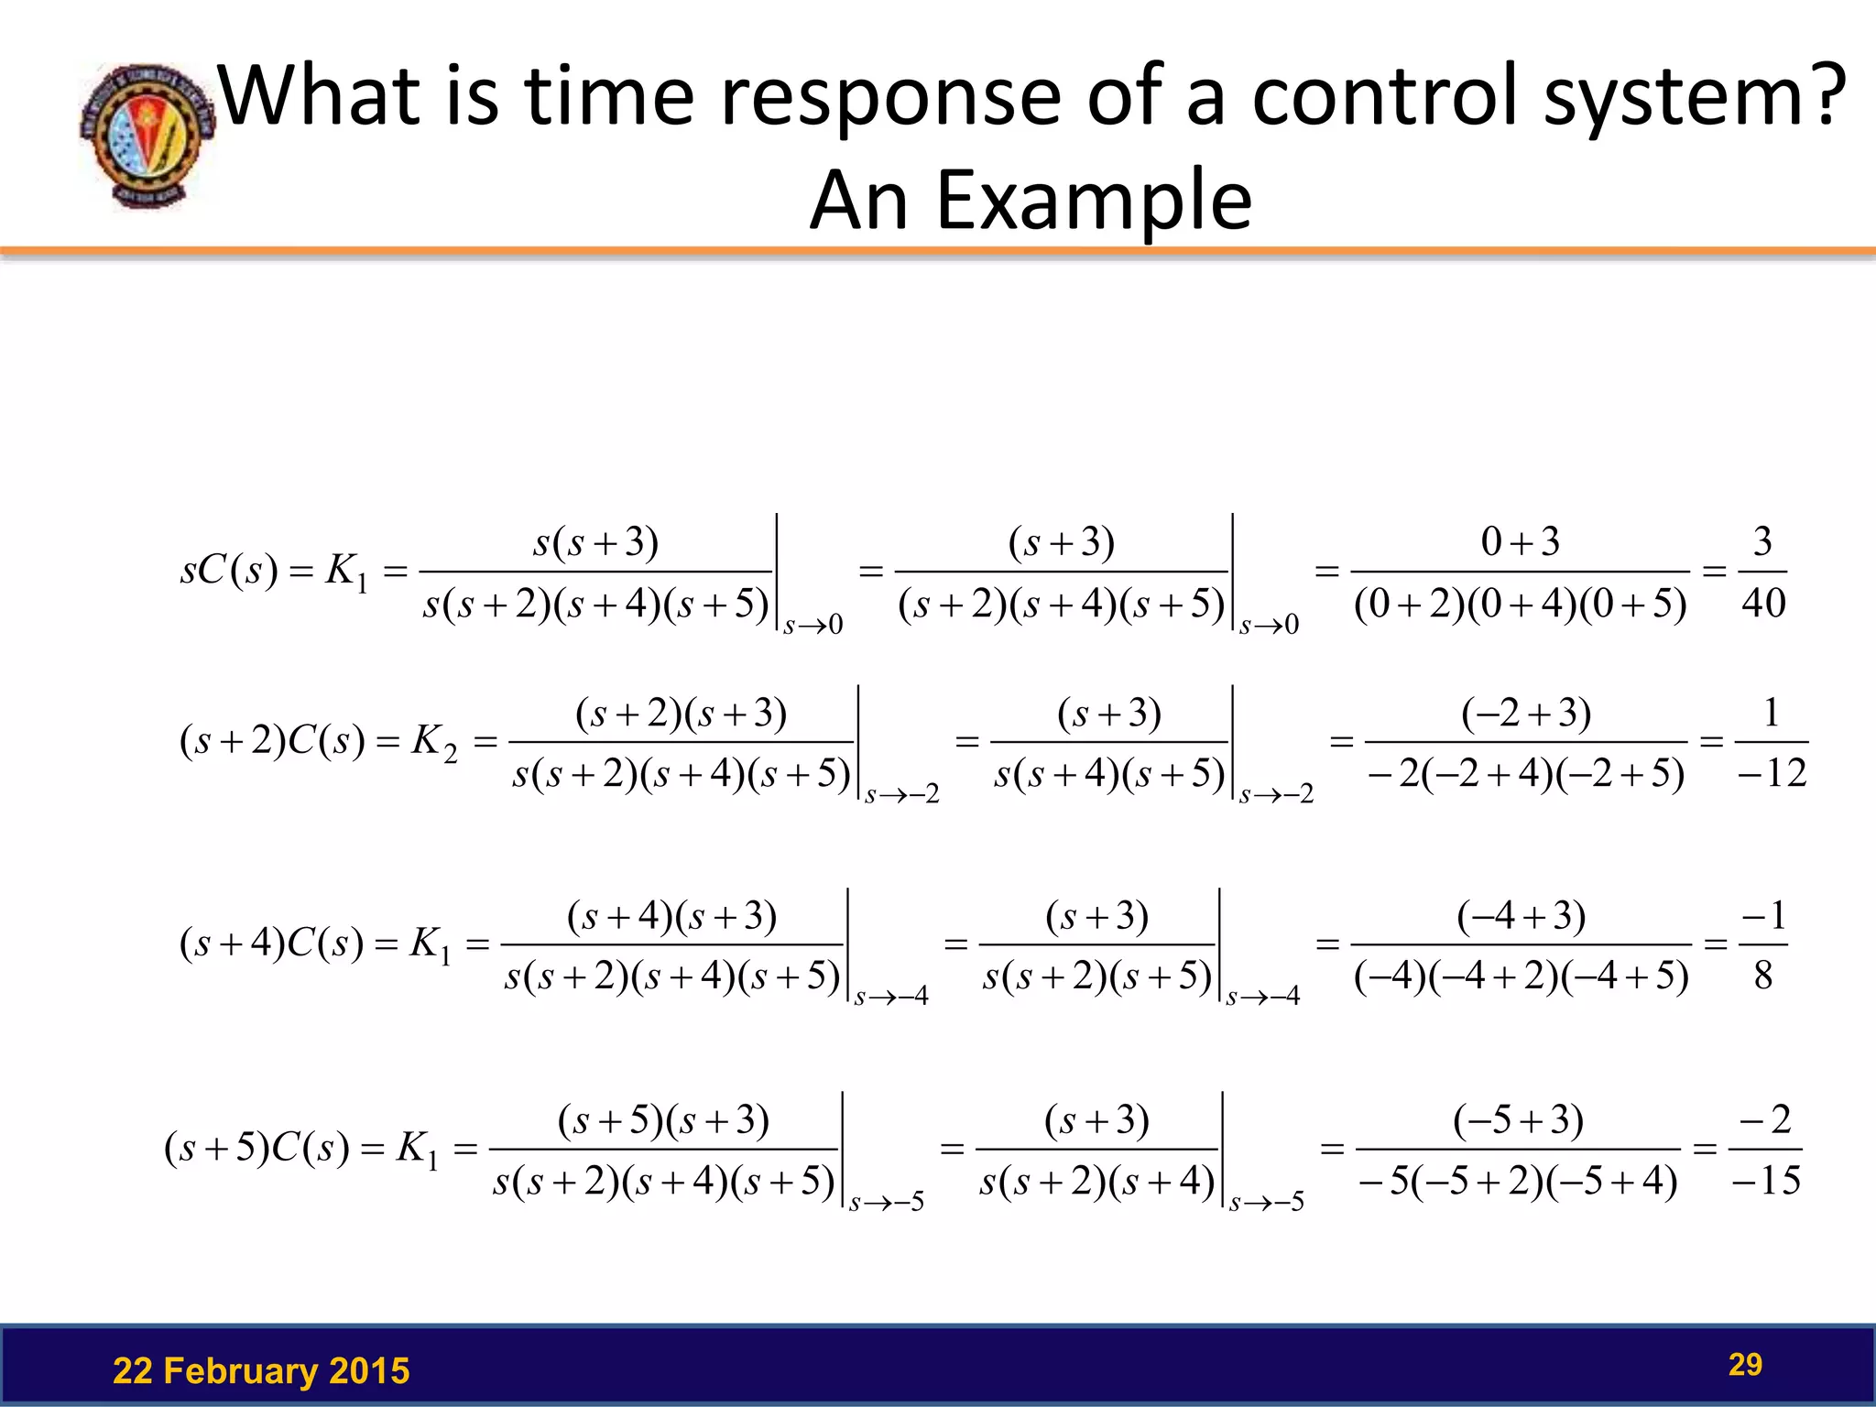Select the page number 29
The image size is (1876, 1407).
click(1745, 1365)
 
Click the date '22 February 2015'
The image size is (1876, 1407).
click(261, 1371)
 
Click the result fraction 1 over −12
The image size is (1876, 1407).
click(1772, 742)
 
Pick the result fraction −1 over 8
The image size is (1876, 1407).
click(1763, 944)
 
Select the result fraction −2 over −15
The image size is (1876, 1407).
click(1766, 1150)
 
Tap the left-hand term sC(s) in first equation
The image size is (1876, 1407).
click(229, 572)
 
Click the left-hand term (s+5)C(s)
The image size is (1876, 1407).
click(256, 1149)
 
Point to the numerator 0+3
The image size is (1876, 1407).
click(1520, 542)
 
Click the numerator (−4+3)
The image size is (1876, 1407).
click(1521, 916)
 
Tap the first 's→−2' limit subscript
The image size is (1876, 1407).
click(902, 794)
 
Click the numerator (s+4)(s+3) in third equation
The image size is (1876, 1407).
click(671, 916)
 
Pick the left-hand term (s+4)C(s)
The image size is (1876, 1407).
click(272, 944)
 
